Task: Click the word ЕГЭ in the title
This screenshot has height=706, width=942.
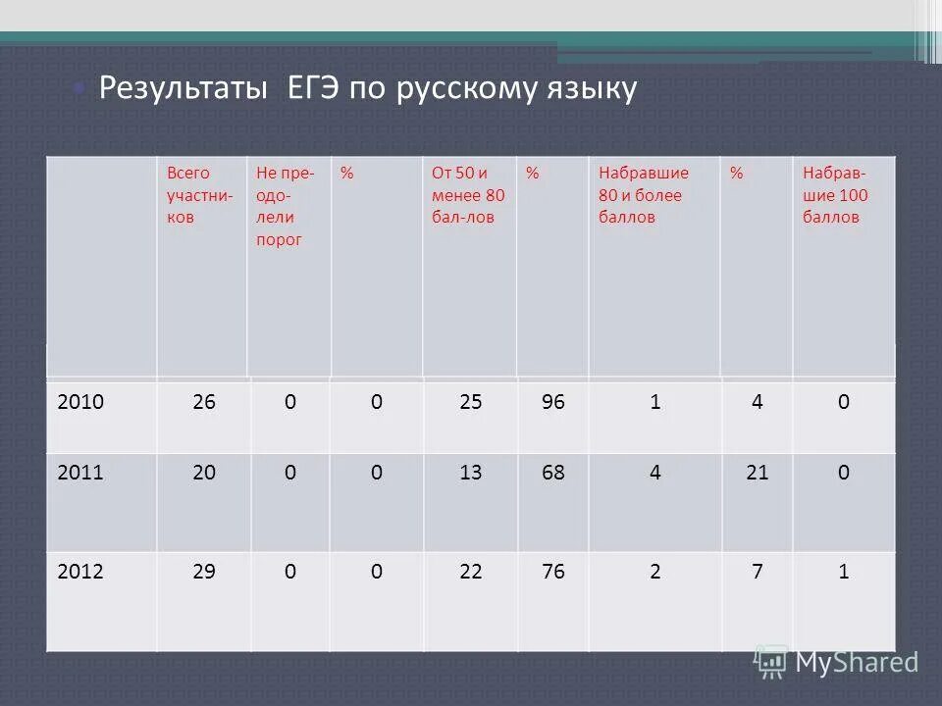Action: coord(314,89)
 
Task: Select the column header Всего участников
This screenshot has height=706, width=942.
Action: coord(199,195)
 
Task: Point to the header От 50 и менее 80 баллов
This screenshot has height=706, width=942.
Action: coord(468,195)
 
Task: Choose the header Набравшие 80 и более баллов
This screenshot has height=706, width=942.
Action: coord(644,195)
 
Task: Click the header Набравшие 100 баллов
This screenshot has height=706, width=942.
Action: coord(835,195)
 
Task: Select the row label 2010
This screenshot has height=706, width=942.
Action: coord(80,403)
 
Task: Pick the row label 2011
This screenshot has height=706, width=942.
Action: coord(80,473)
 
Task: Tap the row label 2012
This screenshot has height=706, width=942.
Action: coord(80,572)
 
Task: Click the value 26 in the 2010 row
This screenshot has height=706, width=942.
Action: coord(204,403)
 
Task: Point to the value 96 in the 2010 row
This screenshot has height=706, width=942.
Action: coord(553,403)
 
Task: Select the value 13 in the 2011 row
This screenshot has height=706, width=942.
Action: coord(470,473)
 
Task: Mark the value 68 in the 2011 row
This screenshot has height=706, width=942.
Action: coord(553,473)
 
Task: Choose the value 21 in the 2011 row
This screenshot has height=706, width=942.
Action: coord(757,473)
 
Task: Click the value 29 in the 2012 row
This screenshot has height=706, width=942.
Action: coord(204,572)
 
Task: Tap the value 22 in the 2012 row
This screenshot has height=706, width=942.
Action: coord(470,572)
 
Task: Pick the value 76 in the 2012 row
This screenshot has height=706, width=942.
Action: coord(553,572)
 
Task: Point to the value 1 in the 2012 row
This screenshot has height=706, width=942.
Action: coord(843,572)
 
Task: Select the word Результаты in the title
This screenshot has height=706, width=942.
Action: coord(184,89)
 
